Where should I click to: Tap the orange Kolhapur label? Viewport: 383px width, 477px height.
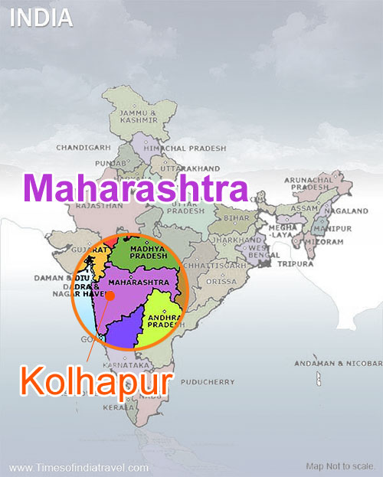click(95, 381)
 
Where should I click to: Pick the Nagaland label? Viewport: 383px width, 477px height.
click(345, 211)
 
